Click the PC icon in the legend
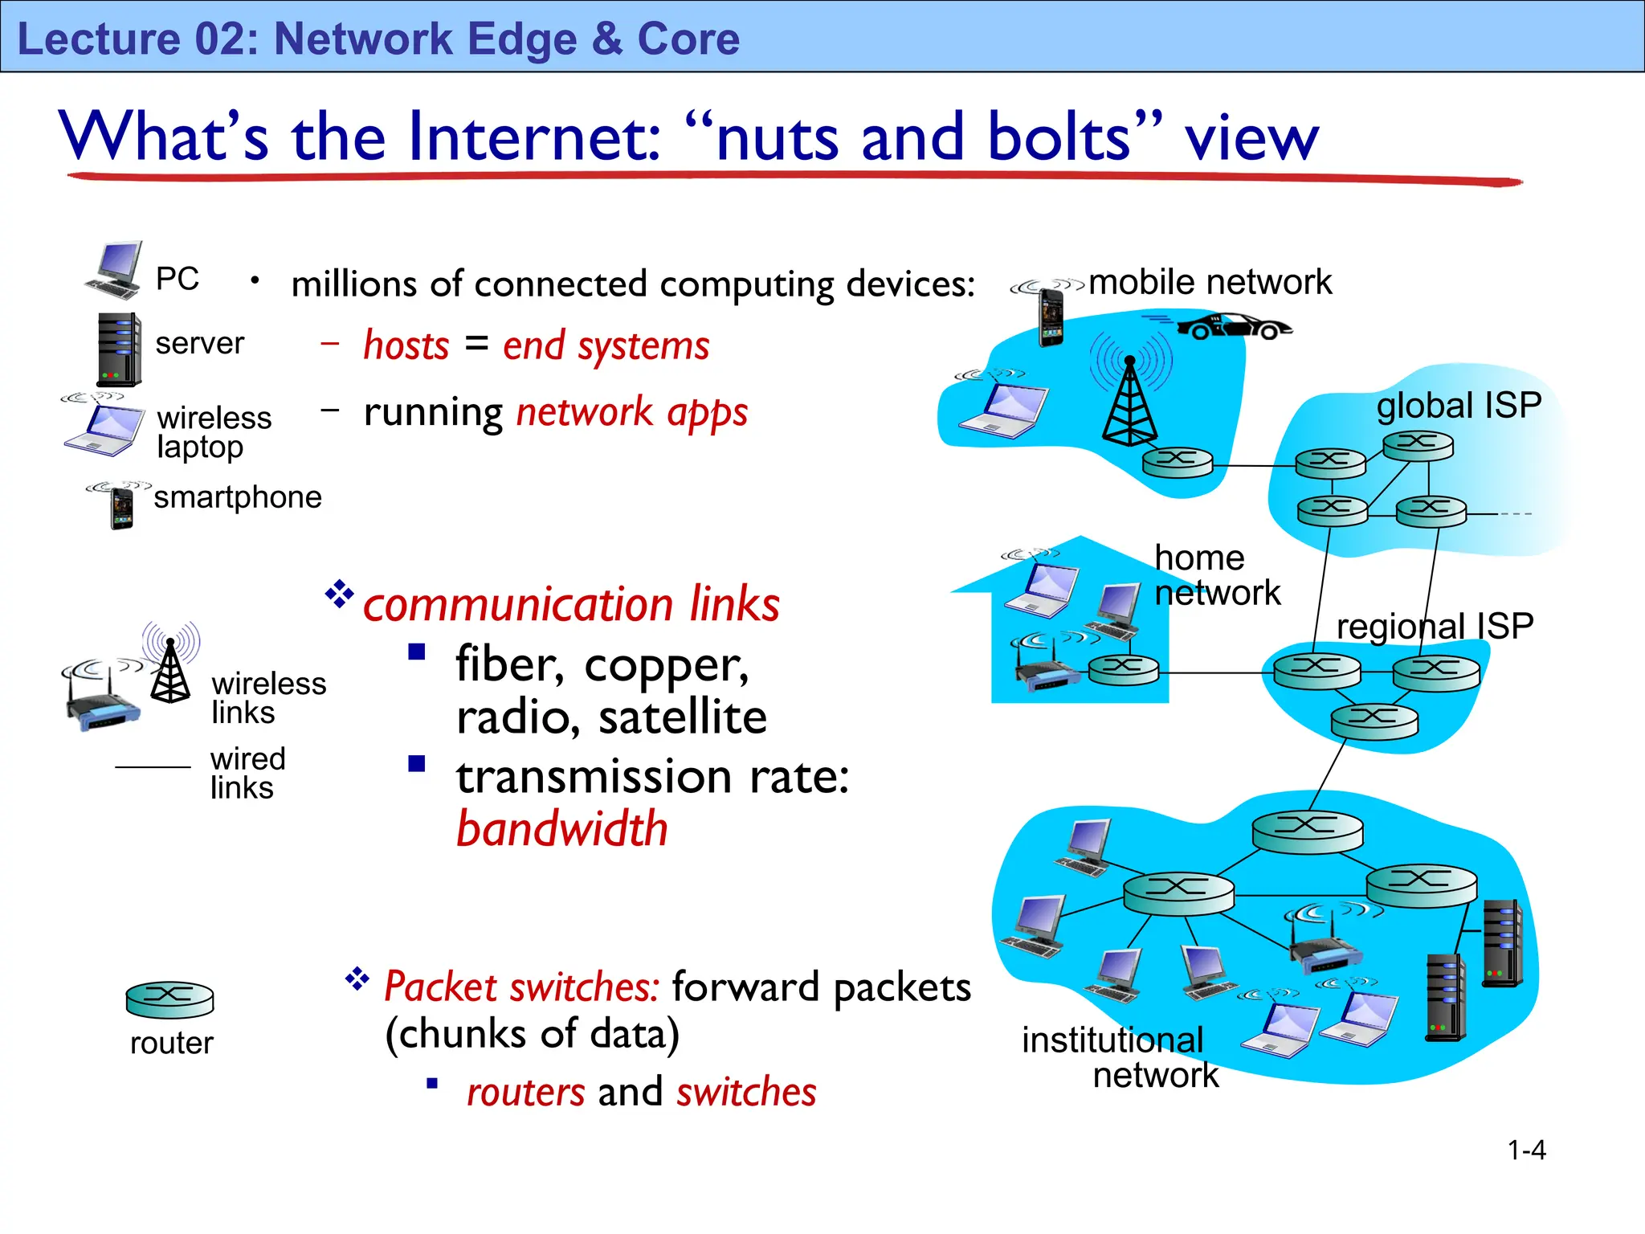[115, 271]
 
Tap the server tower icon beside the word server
[119, 349]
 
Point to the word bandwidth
[562, 829]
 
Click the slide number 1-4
[1526, 1150]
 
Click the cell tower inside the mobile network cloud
[1129, 402]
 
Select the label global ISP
[1459, 405]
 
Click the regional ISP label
[1435, 626]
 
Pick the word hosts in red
[406, 346]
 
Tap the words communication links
[571, 604]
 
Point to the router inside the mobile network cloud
[1178, 461]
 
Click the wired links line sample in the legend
[153, 767]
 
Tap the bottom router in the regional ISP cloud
[1374, 720]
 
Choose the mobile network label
[1210, 282]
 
